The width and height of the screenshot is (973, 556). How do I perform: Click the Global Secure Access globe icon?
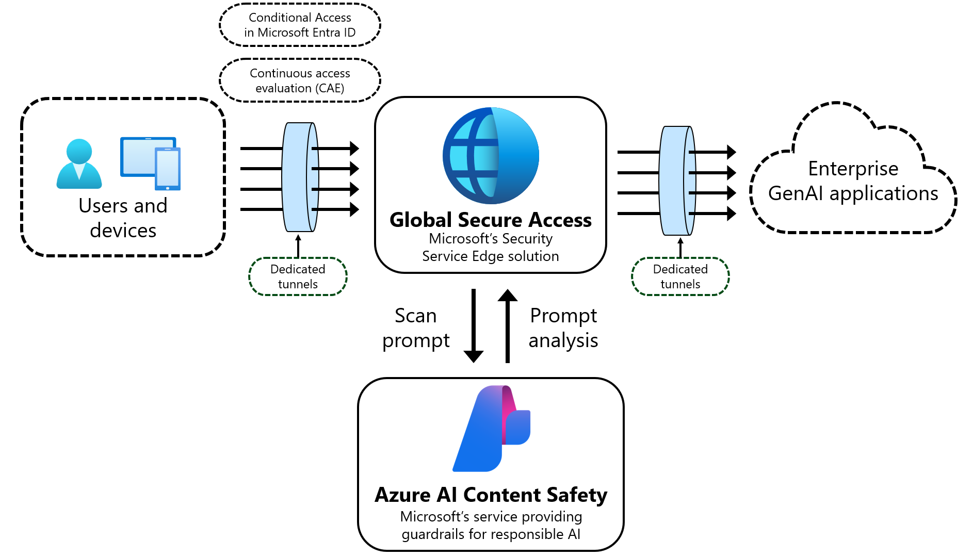point(491,155)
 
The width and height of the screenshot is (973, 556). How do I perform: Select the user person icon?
point(79,163)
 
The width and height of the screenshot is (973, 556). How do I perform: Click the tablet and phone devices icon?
point(151,163)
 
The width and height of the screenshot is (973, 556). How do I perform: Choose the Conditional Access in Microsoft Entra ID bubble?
point(300,25)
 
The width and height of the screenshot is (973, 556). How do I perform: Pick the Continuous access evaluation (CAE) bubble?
point(300,80)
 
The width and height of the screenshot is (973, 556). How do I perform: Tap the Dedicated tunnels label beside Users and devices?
point(298,276)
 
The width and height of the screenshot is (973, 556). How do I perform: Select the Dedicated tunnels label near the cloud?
point(680,276)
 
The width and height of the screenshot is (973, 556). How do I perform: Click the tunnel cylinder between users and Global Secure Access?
point(300,177)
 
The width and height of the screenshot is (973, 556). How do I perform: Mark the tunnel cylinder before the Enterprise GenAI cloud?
point(677,181)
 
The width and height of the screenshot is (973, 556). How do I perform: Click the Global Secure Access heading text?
point(491,220)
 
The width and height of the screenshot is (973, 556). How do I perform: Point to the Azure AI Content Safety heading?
point(491,495)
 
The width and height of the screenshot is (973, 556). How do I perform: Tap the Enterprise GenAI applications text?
point(853,181)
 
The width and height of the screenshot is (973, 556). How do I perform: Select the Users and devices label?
point(123,218)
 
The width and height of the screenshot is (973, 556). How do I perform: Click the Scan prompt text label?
point(416,328)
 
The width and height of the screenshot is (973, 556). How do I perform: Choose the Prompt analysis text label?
point(563,328)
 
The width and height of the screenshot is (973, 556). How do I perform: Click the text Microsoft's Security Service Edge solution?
point(491,248)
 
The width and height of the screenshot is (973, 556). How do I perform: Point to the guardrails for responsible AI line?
point(491,534)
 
